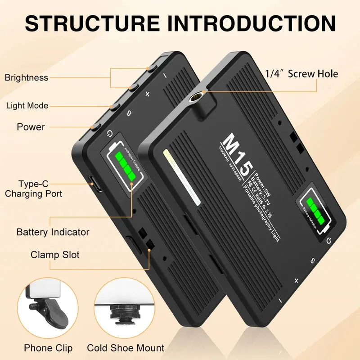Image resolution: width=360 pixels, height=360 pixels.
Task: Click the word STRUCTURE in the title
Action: click(x=92, y=22)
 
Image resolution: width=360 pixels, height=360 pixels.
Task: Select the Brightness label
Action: click(x=27, y=77)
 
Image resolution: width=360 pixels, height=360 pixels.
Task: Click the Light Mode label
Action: click(x=27, y=106)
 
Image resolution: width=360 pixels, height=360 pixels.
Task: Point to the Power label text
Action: click(x=31, y=127)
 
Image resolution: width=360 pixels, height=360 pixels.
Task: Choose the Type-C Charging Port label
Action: click(x=34, y=189)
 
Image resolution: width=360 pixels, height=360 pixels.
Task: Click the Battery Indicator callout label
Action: click(x=53, y=232)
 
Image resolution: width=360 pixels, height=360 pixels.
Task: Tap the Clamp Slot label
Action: click(x=55, y=255)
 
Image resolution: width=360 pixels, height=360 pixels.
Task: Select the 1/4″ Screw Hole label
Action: click(x=301, y=73)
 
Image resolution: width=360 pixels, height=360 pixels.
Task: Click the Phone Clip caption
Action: click(x=48, y=348)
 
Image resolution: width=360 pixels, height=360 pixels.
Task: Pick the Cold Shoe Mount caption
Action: click(x=126, y=348)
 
